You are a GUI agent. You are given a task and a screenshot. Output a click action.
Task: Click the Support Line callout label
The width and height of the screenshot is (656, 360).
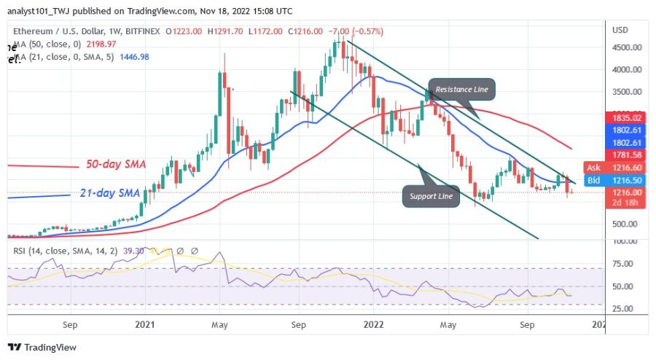pos(430,195)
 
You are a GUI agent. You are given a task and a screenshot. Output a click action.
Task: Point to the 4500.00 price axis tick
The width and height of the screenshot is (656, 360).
pos(627,47)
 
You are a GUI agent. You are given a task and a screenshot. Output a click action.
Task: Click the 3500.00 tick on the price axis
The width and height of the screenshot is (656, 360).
pos(627,92)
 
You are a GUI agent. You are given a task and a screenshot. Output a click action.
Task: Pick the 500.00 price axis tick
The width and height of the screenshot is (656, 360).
pos(625,224)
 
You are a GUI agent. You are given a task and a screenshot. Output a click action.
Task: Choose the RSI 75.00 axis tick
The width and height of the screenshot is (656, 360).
pos(623,264)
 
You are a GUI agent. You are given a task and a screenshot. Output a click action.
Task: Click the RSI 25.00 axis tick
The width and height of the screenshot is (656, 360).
pos(623,308)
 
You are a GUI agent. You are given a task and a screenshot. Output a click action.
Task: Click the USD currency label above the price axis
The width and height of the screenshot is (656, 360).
pos(621,30)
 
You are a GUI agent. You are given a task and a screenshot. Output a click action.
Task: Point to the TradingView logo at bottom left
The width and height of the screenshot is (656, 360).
pos(42,348)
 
